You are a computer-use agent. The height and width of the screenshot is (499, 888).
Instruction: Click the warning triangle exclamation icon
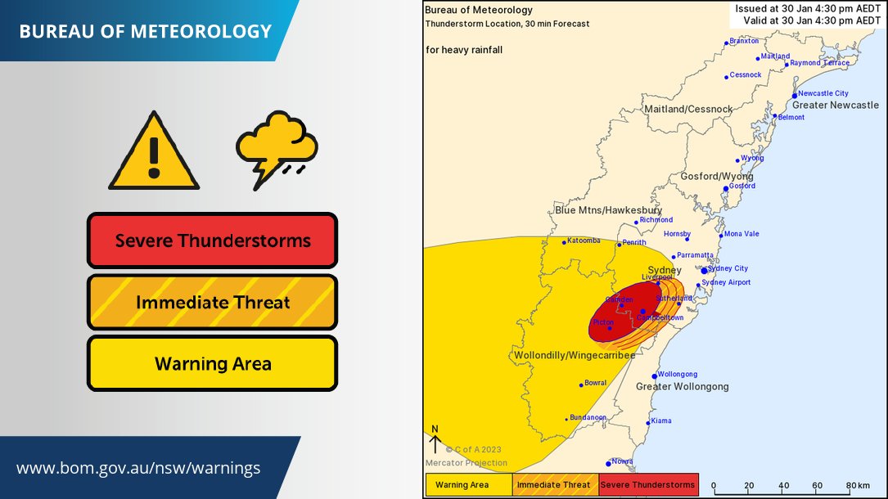pos(154,153)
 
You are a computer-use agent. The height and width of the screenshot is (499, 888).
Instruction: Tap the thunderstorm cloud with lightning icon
pos(277,150)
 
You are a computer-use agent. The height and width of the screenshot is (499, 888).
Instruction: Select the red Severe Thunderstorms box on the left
pos(213,241)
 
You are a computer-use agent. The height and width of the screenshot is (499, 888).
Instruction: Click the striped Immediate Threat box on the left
pos(213,303)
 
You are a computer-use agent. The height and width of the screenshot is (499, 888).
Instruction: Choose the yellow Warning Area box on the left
pos(213,363)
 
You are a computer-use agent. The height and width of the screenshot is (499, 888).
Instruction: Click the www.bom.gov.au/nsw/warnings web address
pos(138,469)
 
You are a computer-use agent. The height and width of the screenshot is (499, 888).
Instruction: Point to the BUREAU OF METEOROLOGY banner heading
pos(145,32)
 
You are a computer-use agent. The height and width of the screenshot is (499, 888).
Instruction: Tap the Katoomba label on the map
pos(584,241)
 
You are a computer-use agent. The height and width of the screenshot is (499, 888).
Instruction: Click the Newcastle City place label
pos(823,93)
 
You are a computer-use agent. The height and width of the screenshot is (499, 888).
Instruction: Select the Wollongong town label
pos(678,374)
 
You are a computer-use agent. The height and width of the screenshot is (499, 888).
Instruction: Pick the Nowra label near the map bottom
pos(621,461)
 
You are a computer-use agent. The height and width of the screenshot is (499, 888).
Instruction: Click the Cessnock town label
pos(746,75)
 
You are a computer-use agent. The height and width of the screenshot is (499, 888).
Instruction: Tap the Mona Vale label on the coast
pos(741,234)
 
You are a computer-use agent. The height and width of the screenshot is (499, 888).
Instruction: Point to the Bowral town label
pos(597,383)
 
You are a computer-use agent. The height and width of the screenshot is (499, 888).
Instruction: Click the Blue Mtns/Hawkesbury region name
pos(608,210)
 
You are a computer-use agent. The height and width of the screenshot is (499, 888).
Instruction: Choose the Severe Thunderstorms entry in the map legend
pos(647,485)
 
